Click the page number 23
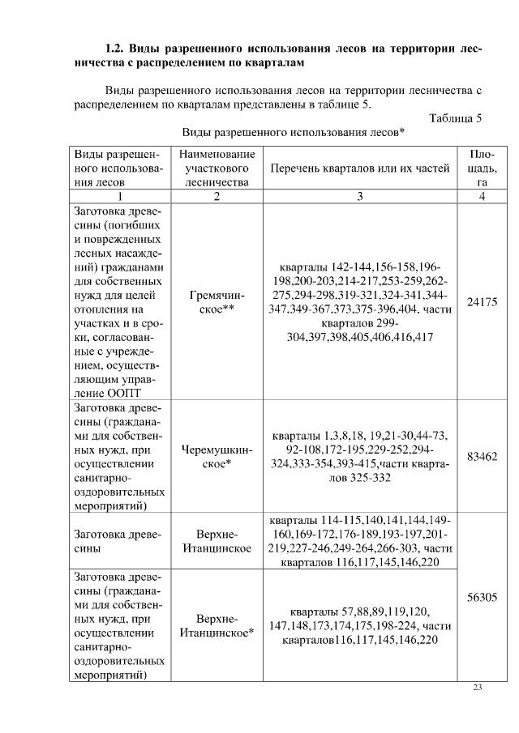(478, 688)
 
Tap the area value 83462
(482, 457)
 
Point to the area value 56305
(482, 598)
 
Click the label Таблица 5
(456, 118)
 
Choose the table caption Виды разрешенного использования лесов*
(294, 132)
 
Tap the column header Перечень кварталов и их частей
(359, 168)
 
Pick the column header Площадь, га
(482, 168)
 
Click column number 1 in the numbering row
(119, 196)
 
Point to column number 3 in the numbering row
(359, 196)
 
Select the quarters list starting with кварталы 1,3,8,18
(359, 457)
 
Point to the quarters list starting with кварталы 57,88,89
(359, 625)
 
